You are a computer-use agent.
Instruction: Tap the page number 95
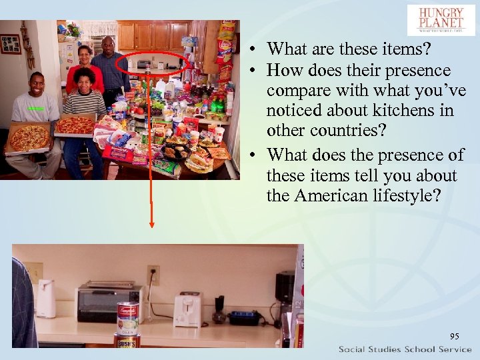click(x=455, y=336)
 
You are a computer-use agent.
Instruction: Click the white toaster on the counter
click(x=187, y=308)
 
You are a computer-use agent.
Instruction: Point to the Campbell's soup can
click(x=127, y=317)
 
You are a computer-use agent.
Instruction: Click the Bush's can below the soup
click(x=127, y=341)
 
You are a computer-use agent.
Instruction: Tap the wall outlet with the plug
click(x=153, y=274)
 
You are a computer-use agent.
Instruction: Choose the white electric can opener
click(x=45, y=297)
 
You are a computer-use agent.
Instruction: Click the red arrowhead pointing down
click(x=152, y=224)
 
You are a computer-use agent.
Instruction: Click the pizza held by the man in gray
click(x=29, y=137)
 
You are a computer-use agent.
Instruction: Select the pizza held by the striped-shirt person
click(x=75, y=125)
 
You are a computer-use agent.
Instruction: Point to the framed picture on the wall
click(x=11, y=44)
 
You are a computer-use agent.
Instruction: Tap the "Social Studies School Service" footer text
click(x=405, y=350)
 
